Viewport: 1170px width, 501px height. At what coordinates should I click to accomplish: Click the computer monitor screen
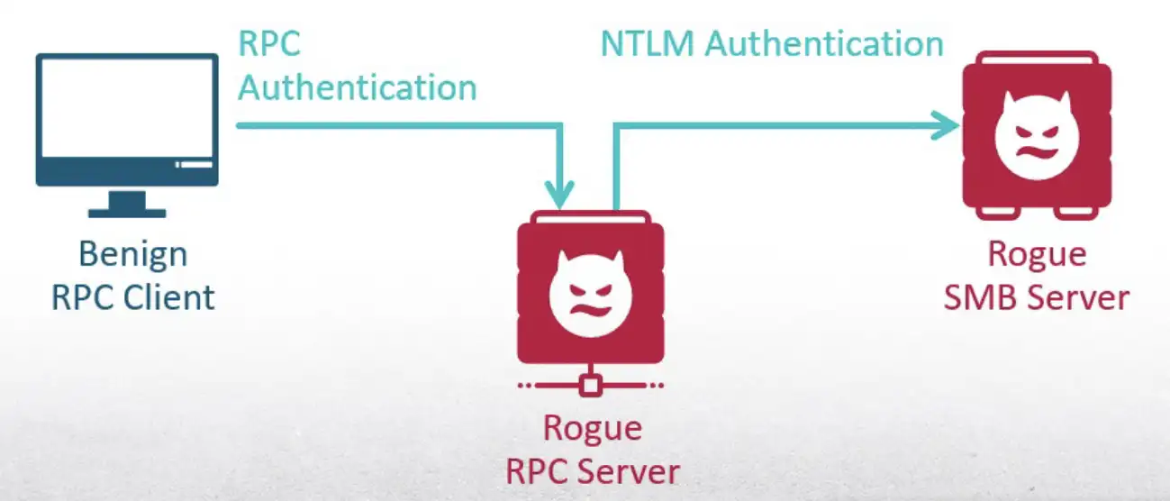click(127, 108)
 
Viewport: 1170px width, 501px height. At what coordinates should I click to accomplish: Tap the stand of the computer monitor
click(127, 205)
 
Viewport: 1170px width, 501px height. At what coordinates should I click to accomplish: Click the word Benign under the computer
click(132, 255)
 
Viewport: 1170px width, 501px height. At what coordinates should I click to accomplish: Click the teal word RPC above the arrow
click(269, 43)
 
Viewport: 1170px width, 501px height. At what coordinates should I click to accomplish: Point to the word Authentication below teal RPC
click(358, 87)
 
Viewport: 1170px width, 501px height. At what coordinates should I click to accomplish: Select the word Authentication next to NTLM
click(824, 43)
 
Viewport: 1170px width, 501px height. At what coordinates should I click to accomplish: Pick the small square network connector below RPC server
click(590, 385)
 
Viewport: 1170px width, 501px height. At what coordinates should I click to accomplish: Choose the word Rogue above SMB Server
click(1037, 254)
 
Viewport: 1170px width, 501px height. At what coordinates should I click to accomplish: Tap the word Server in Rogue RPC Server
click(630, 469)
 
